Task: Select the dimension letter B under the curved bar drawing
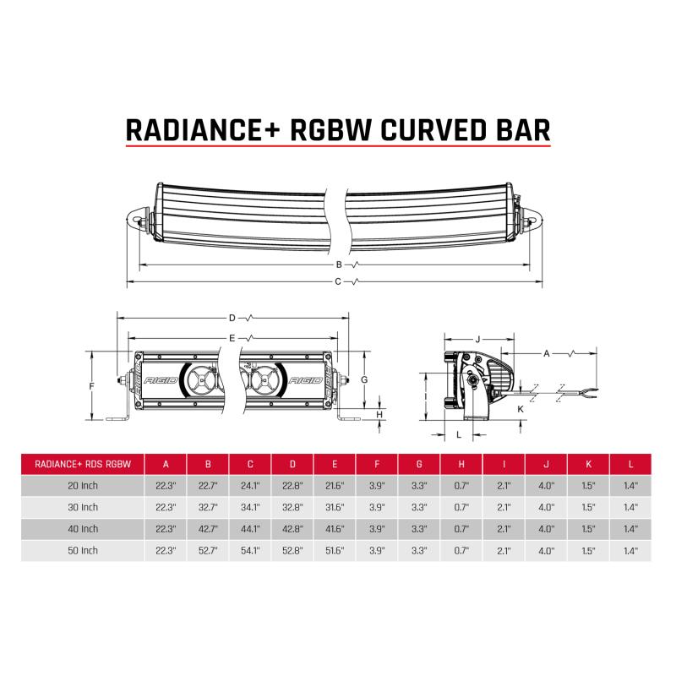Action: coord(338,264)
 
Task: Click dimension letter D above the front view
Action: coord(232,319)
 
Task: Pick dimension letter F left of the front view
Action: coord(90,385)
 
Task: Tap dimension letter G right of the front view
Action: coord(363,380)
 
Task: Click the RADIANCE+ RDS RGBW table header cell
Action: coord(82,463)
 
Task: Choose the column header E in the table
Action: coord(335,463)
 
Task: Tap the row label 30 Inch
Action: coord(82,507)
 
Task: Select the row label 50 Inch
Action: coord(82,551)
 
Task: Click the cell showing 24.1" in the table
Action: coord(251,485)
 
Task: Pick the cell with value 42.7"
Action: coord(209,529)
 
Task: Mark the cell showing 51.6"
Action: coord(335,551)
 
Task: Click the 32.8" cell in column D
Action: coord(293,507)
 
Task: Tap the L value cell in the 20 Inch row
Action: coord(631,485)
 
